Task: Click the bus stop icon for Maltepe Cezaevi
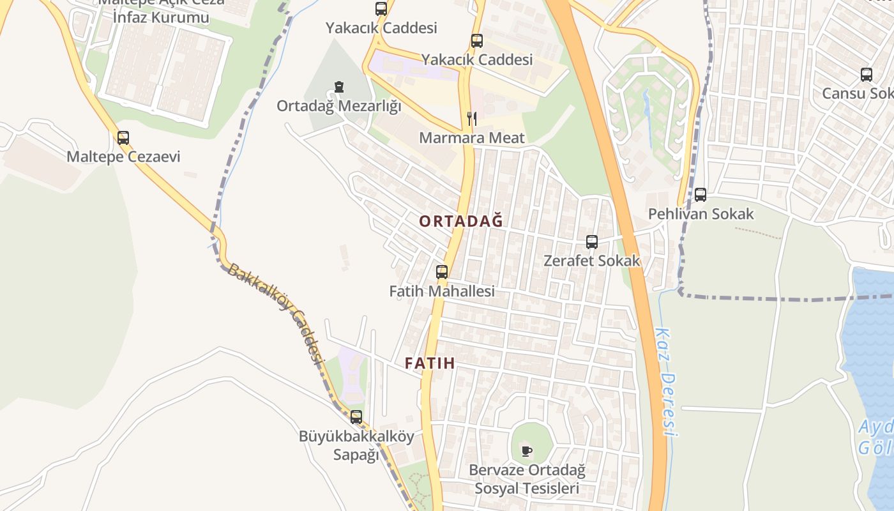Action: (123, 137)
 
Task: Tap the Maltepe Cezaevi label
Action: (124, 156)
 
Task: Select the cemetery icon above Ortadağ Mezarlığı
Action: (339, 87)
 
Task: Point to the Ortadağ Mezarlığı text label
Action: (339, 106)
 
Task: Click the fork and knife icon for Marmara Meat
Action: (472, 118)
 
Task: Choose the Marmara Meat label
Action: (472, 137)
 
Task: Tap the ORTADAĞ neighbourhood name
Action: (461, 221)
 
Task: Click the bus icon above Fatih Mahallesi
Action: (442, 271)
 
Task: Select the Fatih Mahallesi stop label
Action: (442, 291)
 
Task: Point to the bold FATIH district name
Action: (430, 363)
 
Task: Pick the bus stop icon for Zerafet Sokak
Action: (592, 242)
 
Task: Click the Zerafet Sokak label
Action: (592, 261)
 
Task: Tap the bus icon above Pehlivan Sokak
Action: (701, 195)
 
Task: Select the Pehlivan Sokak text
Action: (701, 214)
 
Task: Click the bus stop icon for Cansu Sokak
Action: (867, 74)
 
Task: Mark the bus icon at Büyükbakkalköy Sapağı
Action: (356, 417)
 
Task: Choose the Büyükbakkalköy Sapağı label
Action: (356, 445)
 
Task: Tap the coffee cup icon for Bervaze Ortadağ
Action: (527, 451)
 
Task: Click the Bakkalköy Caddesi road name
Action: (275, 312)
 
